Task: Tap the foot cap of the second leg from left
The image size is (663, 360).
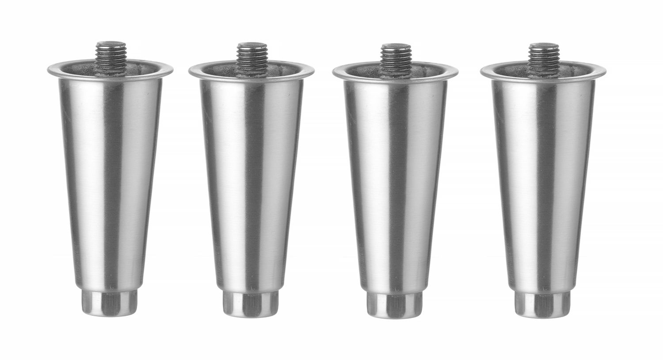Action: tap(251, 304)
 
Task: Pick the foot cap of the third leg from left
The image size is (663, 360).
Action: tap(395, 305)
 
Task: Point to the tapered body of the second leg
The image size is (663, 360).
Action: tap(251, 177)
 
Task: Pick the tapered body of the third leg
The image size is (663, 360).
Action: tap(395, 177)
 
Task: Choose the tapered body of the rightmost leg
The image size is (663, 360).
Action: tap(543, 177)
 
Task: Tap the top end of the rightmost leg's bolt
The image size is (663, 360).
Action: tap(543, 45)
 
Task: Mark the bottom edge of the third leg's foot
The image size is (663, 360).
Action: tap(395, 316)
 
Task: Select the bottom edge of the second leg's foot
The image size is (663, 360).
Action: tap(251, 316)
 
